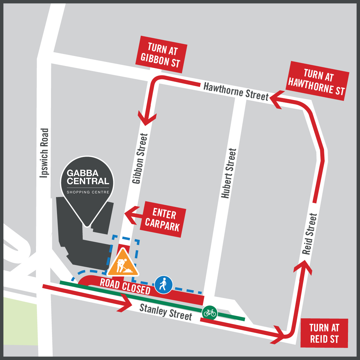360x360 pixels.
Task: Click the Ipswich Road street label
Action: coord(44,152)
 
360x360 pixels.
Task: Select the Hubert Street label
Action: coord(229,173)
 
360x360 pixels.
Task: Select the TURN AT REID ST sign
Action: coord(324,333)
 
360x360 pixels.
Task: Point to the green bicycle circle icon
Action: coord(210,313)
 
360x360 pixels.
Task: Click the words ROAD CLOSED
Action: coord(125,286)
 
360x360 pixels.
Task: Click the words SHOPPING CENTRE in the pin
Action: coord(88,192)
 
